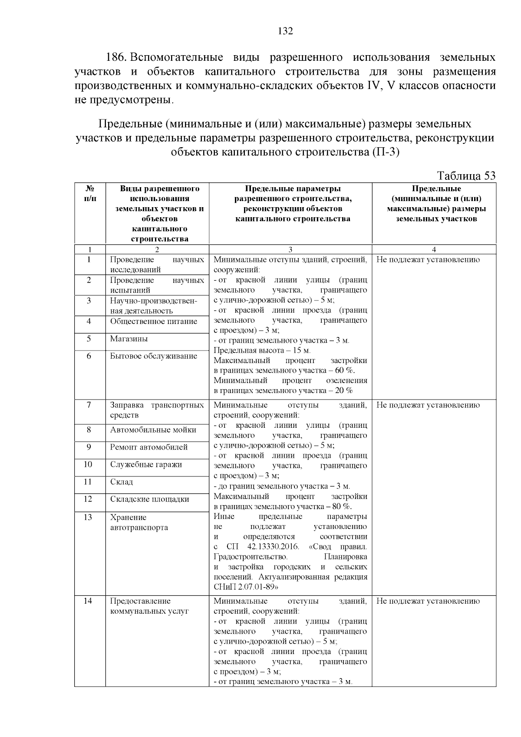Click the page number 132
(285, 31)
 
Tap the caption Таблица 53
(466, 175)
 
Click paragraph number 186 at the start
(116, 57)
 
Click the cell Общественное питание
(153, 321)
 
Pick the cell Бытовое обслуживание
(153, 356)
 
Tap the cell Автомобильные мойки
(153, 430)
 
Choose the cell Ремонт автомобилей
(148, 447)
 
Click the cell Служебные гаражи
(146, 465)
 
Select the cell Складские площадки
(149, 499)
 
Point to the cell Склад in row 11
(122, 482)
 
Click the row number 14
(88, 601)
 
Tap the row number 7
(89, 405)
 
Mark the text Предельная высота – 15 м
(262, 350)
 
